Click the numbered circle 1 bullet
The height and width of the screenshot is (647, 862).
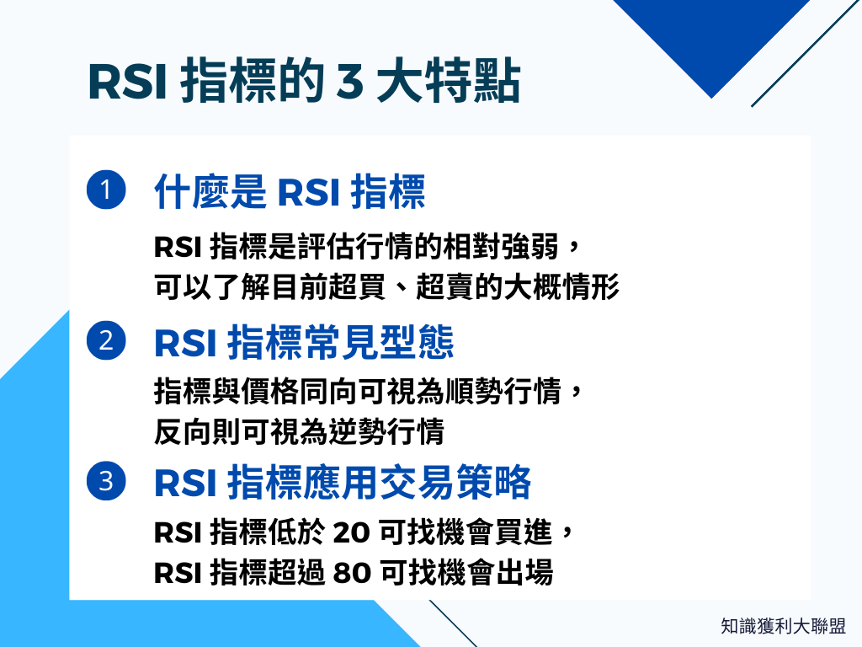tap(106, 191)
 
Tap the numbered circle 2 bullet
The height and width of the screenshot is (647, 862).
tap(106, 341)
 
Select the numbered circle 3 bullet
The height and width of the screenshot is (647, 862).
tap(106, 482)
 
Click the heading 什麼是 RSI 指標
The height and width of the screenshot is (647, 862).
tap(290, 192)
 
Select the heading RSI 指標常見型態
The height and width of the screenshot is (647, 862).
tap(304, 342)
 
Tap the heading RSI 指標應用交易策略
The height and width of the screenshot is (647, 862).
tap(343, 483)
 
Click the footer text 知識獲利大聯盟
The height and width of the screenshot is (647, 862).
tap(783, 626)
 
